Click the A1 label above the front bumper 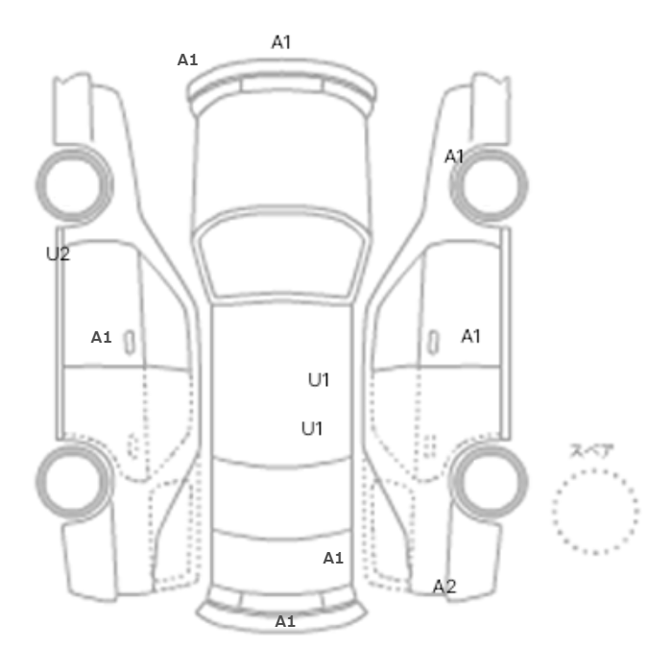[x=281, y=42]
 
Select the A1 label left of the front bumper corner [x=187, y=60]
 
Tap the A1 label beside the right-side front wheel [x=453, y=156]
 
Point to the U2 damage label [x=58, y=253]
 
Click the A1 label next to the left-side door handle [x=101, y=337]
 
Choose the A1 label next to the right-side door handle [x=470, y=336]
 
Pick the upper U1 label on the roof [x=319, y=380]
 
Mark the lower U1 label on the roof [x=312, y=428]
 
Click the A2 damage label [x=444, y=587]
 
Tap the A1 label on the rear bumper [x=285, y=621]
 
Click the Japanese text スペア [x=591, y=451]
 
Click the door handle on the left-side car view [x=129, y=343]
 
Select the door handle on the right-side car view [x=434, y=343]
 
